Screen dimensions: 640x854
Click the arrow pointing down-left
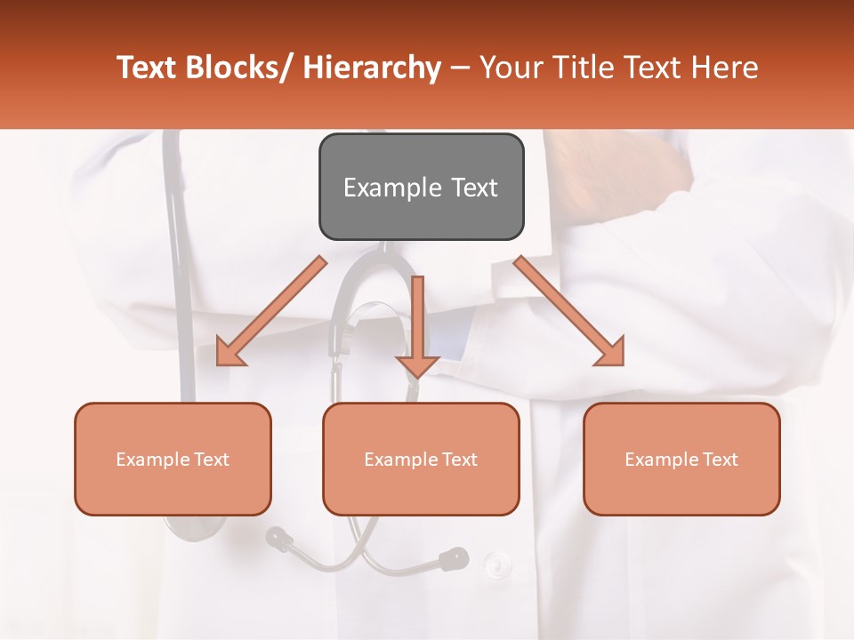[270, 312]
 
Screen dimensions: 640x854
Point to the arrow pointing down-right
[570, 312]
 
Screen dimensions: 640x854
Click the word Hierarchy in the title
[372, 68]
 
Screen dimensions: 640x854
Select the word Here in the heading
[724, 68]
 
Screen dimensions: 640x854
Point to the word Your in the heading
[512, 68]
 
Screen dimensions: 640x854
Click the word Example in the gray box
[392, 188]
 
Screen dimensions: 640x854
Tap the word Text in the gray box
[474, 188]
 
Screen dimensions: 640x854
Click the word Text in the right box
[717, 460]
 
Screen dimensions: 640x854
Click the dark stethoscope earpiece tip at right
[454, 558]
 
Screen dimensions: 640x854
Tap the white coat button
[496, 563]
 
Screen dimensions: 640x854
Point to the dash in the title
[460, 69]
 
